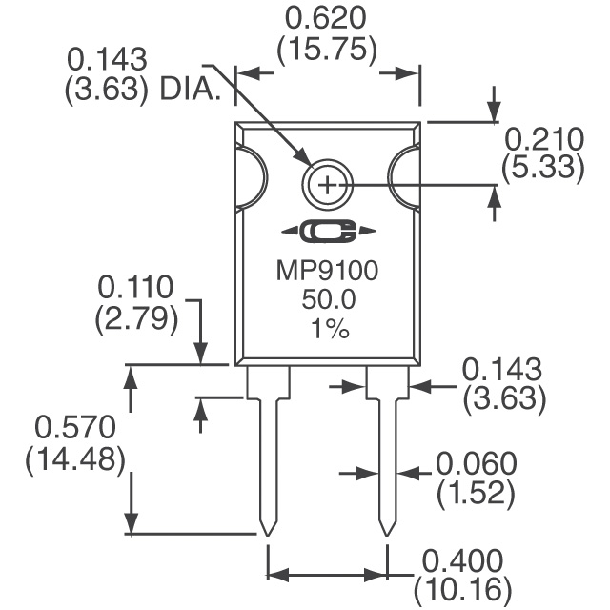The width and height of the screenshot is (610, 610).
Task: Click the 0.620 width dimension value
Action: [327, 18]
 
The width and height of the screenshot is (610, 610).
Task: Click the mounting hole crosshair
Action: [326, 184]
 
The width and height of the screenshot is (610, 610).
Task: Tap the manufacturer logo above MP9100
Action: [327, 232]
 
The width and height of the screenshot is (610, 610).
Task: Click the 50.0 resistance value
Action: [327, 301]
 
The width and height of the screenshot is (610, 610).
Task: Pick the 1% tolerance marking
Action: [327, 330]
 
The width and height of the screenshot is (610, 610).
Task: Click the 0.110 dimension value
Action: [137, 288]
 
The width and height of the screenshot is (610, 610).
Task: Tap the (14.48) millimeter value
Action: [75, 458]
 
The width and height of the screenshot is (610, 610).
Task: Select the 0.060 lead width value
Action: [477, 464]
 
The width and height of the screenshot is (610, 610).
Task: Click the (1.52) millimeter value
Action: [477, 494]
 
